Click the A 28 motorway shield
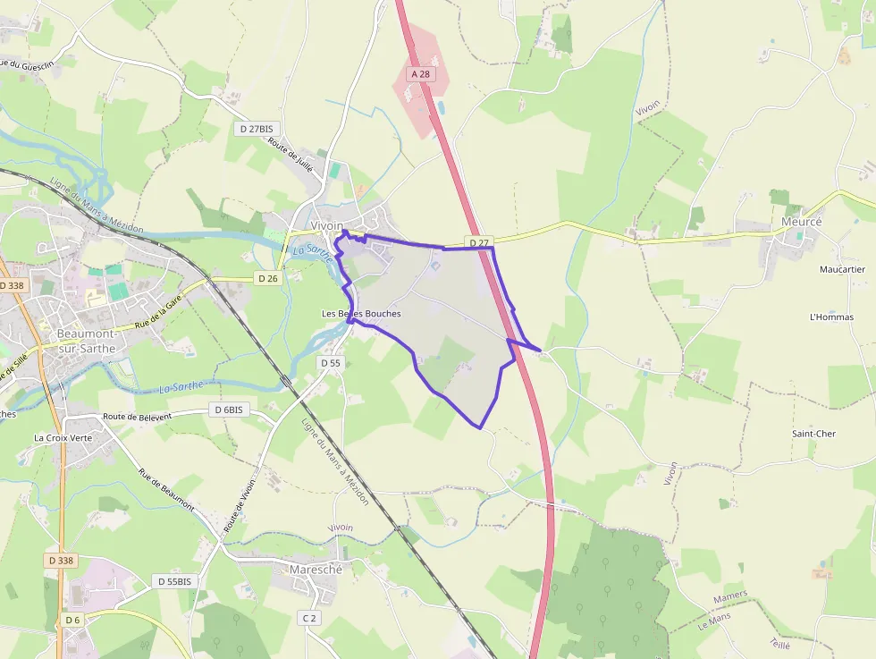[419, 74]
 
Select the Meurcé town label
[801, 222]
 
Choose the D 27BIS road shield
[255, 129]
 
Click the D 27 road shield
[480, 242]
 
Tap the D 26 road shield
[268, 278]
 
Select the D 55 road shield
[330, 363]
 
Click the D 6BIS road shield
[228, 410]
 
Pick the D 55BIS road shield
[174, 581]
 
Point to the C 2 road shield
[309, 618]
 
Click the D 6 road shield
[72, 620]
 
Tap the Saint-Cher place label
[813, 434]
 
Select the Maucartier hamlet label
[842, 269]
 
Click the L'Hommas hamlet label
[831, 317]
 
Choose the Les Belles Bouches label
[361, 314]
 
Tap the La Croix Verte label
[63, 438]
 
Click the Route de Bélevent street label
[148, 416]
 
